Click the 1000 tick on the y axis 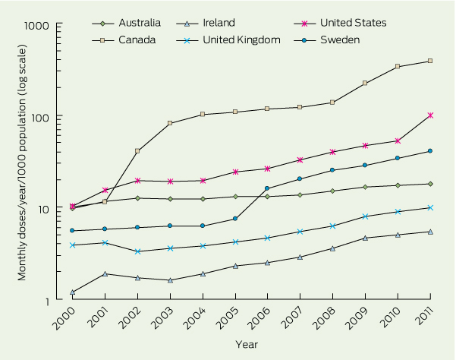click(x=47, y=25)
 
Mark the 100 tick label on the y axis click(x=50, y=117)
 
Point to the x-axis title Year click(x=246, y=346)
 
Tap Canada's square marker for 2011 click(x=430, y=61)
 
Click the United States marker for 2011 click(x=430, y=115)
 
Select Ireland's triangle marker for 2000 click(x=73, y=292)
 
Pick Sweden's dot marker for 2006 click(x=267, y=188)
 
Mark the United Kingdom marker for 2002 click(x=137, y=251)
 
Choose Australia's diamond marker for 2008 click(x=332, y=191)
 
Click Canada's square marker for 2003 click(x=170, y=123)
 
